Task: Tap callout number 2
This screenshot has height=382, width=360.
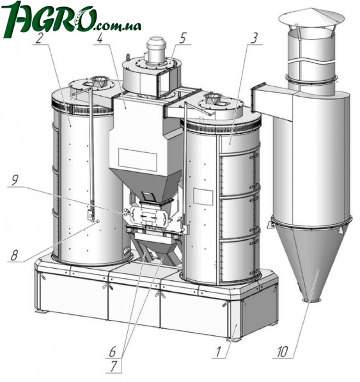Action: coord(40,38)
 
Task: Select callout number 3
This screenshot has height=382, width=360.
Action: coord(254,38)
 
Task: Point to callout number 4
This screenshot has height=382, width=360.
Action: coord(100,38)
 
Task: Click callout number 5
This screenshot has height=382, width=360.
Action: coord(182,38)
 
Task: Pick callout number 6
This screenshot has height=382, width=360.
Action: coord(113,352)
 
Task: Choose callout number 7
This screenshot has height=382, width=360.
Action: coord(113,367)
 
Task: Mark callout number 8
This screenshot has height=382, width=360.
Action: coord(14,256)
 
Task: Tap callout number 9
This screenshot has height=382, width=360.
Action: coord(15,181)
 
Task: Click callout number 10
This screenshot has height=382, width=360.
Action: coord(283,352)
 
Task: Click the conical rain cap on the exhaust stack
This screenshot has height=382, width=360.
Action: coord(311,17)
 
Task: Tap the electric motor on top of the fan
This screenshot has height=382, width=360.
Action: coord(156,50)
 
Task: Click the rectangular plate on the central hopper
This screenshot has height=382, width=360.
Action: coord(137,159)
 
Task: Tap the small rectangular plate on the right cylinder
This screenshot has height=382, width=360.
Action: coord(203,197)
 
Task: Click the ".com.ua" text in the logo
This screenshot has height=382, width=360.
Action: coord(117,26)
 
